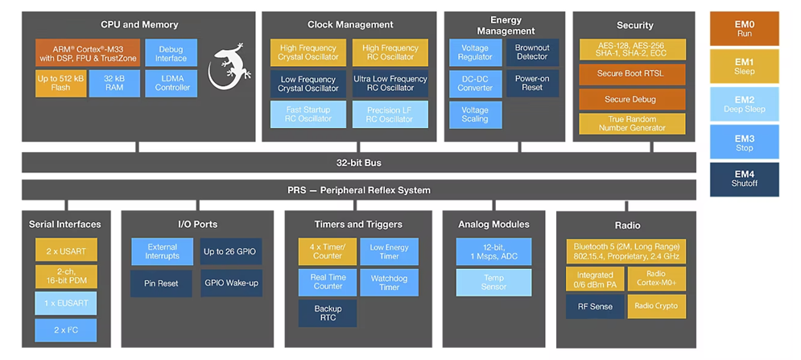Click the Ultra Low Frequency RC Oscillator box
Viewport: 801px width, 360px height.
(390, 84)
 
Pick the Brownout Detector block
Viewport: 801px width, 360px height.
(531, 52)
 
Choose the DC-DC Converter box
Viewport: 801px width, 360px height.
(475, 83)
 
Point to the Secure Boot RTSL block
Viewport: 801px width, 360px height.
(632, 75)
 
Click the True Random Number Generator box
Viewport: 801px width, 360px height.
(632, 124)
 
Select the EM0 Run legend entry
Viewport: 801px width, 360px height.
(744, 28)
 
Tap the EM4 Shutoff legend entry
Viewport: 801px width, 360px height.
(744, 179)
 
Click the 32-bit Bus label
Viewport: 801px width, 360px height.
(358, 163)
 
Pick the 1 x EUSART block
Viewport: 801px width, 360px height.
(65, 303)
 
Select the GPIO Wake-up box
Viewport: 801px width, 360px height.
(231, 283)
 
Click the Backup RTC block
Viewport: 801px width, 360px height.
(328, 313)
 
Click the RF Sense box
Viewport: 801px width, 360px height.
(594, 306)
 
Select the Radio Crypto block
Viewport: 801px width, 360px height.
(656, 306)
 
